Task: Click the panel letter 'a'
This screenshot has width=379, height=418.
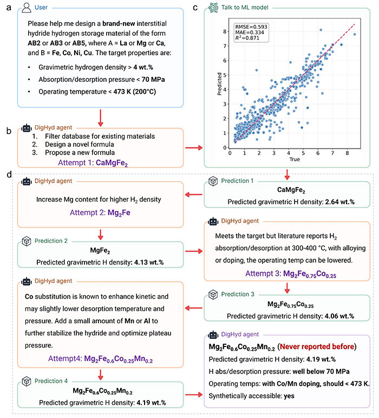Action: click(x=9, y=8)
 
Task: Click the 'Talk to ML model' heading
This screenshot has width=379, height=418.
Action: click(x=252, y=9)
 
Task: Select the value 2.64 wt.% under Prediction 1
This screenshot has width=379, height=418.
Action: click(x=325, y=202)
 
